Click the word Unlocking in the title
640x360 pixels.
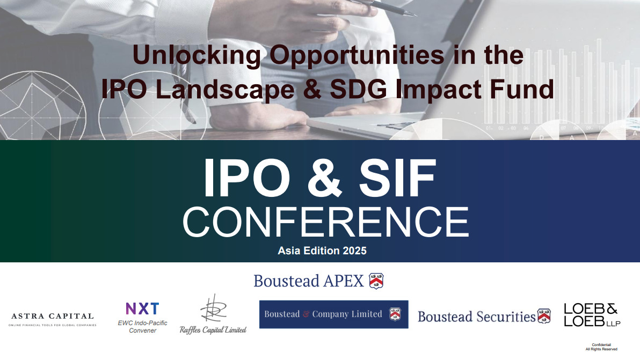coord(197,55)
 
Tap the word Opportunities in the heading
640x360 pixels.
coord(357,56)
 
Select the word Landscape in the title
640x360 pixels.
coord(225,90)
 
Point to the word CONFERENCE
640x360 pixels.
coord(326,222)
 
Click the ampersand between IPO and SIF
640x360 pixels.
coord(324,178)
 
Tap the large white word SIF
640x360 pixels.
coord(397,178)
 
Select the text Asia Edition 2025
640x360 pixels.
coord(322,251)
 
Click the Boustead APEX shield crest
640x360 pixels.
coord(376,281)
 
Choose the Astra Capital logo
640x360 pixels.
coord(53,319)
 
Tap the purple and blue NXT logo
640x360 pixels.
coord(142,308)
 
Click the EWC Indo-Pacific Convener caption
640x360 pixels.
coord(142,327)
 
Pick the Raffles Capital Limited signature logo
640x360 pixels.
coord(213,314)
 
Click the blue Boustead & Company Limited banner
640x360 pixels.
coord(333,314)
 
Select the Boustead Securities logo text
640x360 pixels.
coord(476,317)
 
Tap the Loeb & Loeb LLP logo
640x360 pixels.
coord(592,315)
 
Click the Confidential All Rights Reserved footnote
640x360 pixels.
coord(601,347)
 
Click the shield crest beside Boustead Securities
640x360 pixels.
coord(544,316)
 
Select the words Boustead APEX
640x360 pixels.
coord(309,281)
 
